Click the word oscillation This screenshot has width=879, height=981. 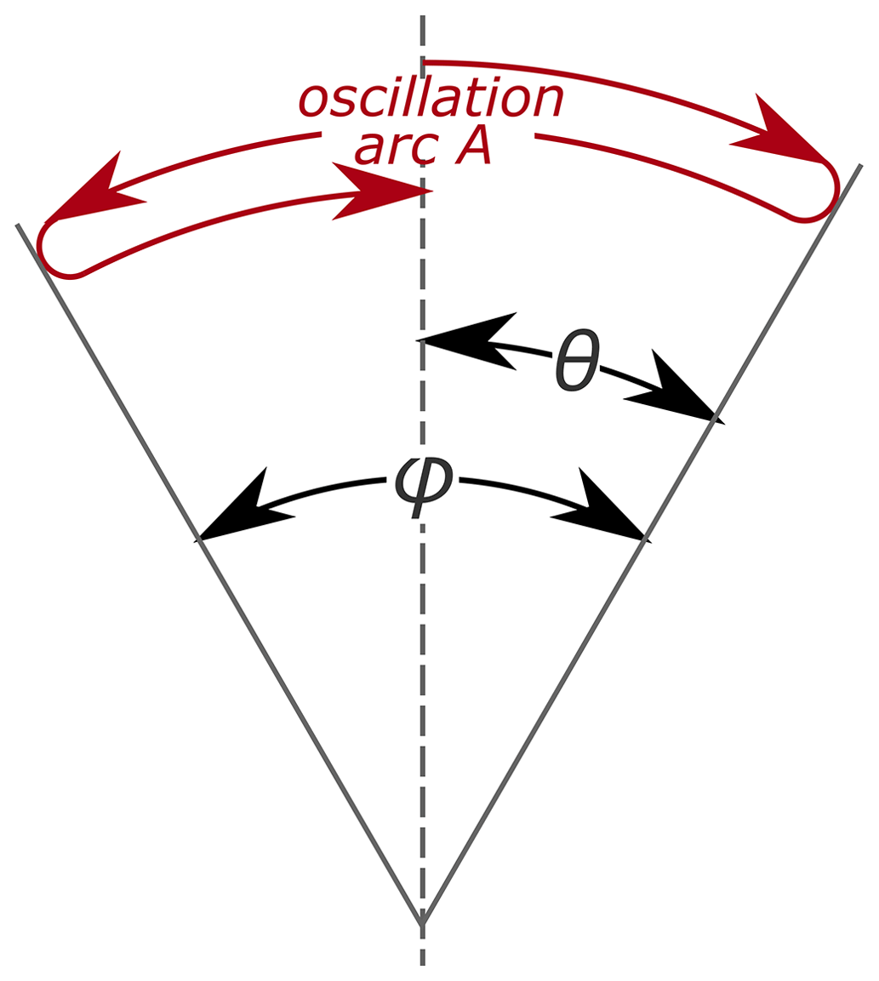point(431,100)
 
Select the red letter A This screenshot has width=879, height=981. point(472,147)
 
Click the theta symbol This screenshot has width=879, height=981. point(579,361)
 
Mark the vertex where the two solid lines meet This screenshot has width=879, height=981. point(422,924)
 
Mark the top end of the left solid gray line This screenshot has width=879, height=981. point(17,225)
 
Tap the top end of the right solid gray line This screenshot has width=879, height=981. point(861,165)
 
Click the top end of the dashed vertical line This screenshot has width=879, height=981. point(422,17)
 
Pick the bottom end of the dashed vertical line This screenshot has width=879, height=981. point(422,964)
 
